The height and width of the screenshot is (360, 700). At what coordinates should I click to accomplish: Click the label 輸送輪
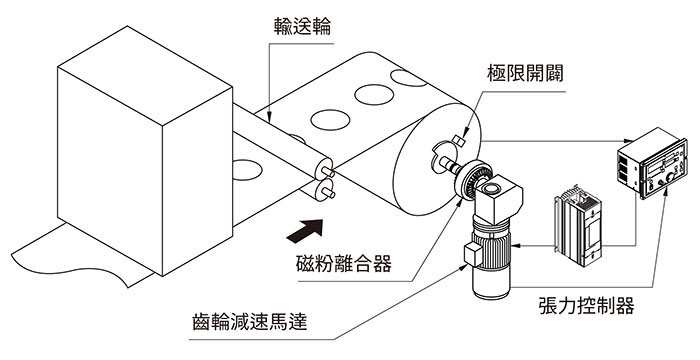click(303, 27)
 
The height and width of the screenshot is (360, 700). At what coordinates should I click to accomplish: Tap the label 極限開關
click(525, 73)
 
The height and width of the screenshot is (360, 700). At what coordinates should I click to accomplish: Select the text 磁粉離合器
click(344, 264)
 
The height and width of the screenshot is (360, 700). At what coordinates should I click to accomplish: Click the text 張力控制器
click(587, 306)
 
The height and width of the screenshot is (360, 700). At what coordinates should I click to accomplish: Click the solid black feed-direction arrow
click(305, 230)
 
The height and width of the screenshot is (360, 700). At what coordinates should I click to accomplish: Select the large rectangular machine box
click(145, 151)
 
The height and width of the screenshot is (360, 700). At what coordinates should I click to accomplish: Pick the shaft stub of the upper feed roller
click(328, 171)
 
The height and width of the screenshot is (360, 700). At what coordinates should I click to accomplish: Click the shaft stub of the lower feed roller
click(328, 193)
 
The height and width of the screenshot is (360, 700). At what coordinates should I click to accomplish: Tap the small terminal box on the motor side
click(473, 255)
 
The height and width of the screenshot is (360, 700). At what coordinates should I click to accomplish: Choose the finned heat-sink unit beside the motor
click(577, 226)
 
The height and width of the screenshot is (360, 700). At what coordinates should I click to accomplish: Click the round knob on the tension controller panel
click(670, 177)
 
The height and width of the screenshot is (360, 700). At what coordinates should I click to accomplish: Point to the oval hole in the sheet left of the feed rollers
click(246, 170)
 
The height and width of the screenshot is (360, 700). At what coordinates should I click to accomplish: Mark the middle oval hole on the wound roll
click(374, 95)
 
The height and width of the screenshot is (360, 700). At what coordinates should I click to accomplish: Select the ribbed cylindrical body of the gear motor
click(492, 259)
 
